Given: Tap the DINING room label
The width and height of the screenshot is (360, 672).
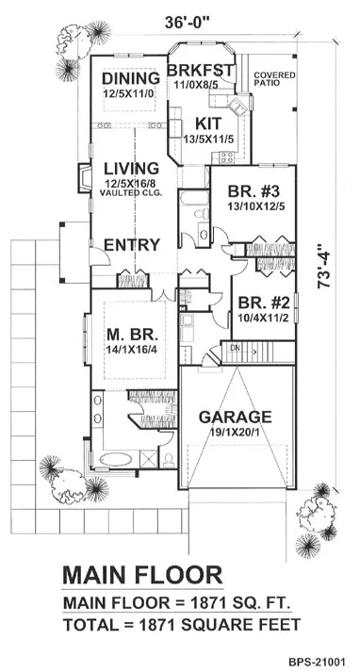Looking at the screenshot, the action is (x=131, y=78).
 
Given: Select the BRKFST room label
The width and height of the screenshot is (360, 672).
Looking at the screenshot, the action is (x=201, y=70).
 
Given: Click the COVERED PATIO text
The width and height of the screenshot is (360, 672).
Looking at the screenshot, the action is (x=274, y=79).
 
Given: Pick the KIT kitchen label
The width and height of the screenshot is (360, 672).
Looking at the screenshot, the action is (x=208, y=123).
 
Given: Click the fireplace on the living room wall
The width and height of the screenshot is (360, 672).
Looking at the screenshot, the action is (x=84, y=178).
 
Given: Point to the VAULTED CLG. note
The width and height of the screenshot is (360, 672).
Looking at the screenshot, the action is (x=131, y=193).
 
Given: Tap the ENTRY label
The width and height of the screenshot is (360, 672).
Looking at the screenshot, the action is (x=133, y=245).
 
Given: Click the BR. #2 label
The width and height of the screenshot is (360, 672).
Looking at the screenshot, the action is (x=265, y=303).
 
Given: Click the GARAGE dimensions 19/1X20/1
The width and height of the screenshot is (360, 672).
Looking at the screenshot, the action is (x=236, y=430).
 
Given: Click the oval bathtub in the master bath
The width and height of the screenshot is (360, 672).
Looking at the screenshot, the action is (x=116, y=459).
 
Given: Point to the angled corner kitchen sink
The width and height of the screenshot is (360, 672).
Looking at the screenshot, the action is (x=237, y=107).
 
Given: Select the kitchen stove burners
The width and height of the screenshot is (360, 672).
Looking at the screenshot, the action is (x=226, y=157).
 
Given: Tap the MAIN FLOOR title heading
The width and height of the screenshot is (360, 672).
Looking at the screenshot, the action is (x=142, y=575).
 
